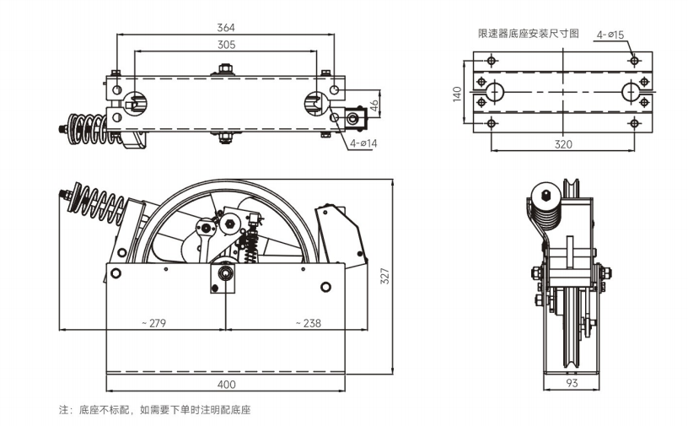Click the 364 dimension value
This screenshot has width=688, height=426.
pos(225,27)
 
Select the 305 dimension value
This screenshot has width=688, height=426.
pos(225,45)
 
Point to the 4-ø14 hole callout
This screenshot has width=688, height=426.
pos(363,143)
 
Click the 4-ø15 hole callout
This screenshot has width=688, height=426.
pos(610,35)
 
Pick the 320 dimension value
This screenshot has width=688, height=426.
pos(563,144)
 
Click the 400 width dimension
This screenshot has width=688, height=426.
pos(225,385)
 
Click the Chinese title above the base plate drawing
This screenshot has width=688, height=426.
pos(528,34)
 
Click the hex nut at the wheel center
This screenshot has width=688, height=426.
pos(230,225)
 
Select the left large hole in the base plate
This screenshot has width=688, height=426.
pos(495,91)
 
